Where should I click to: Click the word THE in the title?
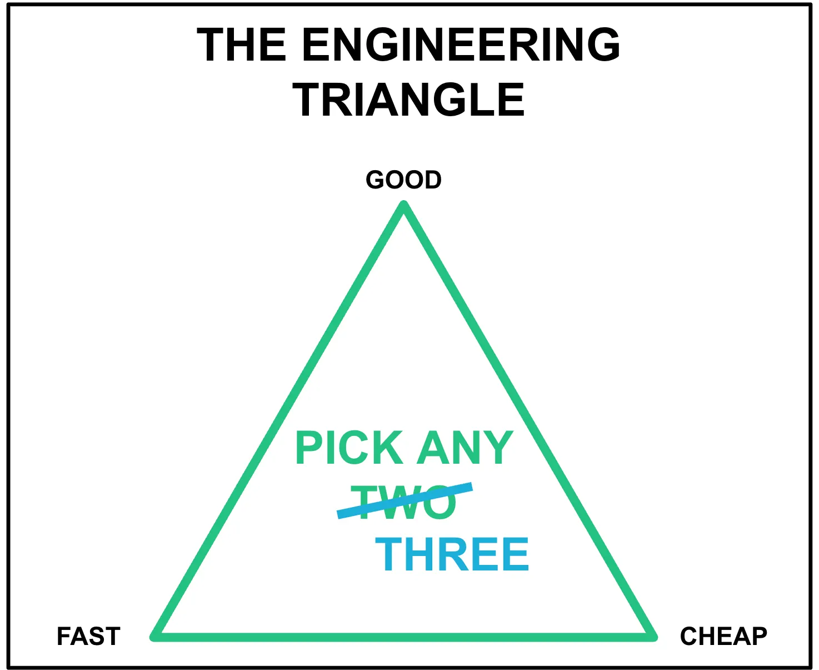point(242,44)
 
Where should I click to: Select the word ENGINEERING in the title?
point(461,44)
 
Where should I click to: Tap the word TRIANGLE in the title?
point(408,100)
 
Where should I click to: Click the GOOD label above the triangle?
point(404,180)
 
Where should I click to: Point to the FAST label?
point(89,636)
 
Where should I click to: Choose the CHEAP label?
point(723,636)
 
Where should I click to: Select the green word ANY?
point(466,448)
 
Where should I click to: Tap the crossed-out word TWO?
point(404,502)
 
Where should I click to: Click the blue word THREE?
point(452,554)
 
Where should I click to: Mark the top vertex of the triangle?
point(404,206)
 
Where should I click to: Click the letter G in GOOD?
point(376,180)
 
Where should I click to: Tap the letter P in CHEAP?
point(758,636)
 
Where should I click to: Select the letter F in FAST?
point(64,636)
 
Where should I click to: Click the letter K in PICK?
point(389,448)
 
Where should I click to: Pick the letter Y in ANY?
point(498,448)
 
